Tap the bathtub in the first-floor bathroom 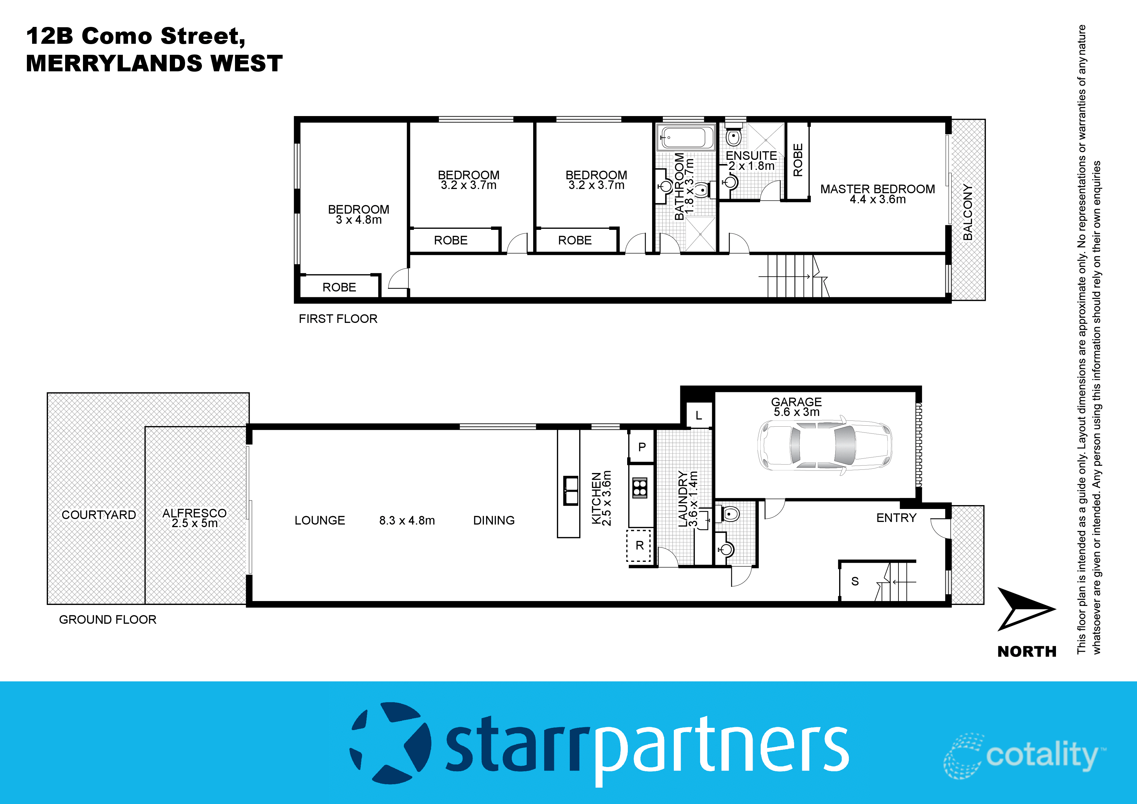(x=686, y=137)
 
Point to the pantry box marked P (x=642, y=447)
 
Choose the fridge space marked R (x=639, y=545)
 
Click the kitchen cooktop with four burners (x=640, y=488)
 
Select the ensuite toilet (x=733, y=136)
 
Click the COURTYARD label (x=99, y=515)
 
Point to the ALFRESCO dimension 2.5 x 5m (x=194, y=523)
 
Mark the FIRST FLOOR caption (x=338, y=319)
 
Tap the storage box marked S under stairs (x=855, y=581)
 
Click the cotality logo (x=1025, y=755)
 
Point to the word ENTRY (x=896, y=518)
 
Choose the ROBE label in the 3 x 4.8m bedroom (x=339, y=287)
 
